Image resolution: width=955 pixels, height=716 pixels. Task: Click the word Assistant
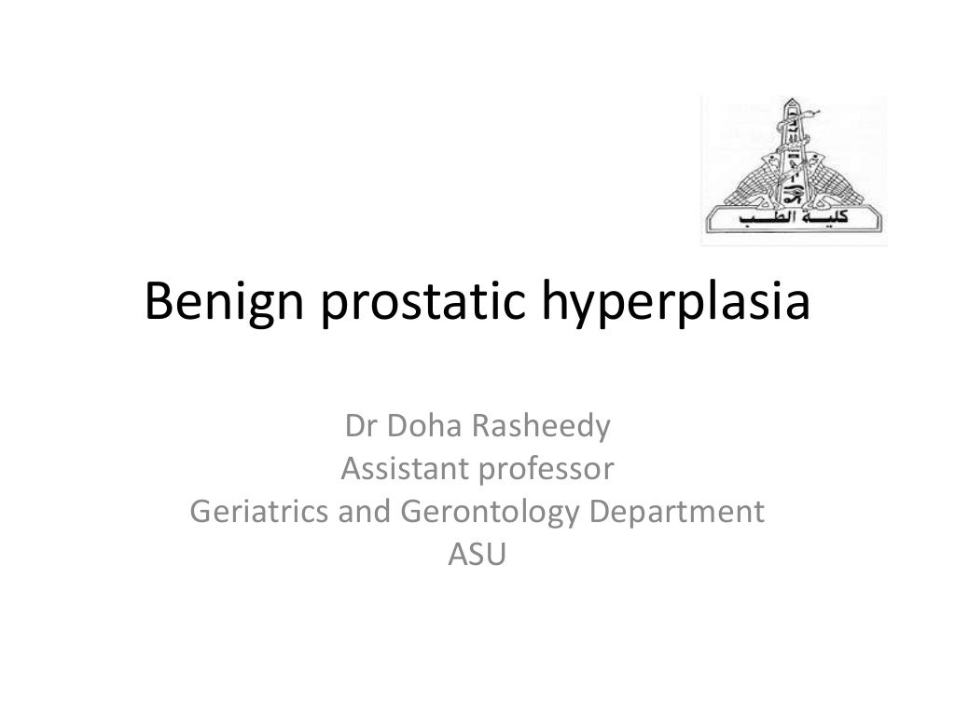click(406, 470)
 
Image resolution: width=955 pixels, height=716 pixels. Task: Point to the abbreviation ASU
click(477, 554)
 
